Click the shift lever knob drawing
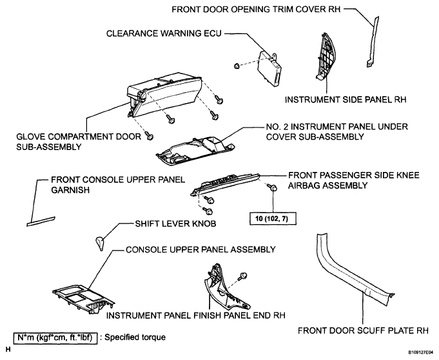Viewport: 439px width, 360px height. [x=100, y=243]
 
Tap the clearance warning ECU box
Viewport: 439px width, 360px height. [x=269, y=68]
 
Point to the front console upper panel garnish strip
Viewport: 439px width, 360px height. [x=41, y=222]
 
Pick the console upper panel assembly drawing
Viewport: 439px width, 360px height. [x=83, y=299]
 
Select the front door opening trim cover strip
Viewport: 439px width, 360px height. [x=373, y=41]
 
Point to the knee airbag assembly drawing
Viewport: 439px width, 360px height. [x=226, y=183]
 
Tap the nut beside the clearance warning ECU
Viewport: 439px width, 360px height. [x=237, y=66]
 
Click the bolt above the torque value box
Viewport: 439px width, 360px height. [x=273, y=187]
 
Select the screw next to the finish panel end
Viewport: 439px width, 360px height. [x=242, y=276]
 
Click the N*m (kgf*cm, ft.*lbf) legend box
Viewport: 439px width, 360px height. [x=55, y=338]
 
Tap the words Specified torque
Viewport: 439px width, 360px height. [x=135, y=337]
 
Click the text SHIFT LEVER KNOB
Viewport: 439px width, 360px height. [x=175, y=223]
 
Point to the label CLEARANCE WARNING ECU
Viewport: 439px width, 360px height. [x=164, y=33]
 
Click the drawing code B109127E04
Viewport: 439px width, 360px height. [x=422, y=352]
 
